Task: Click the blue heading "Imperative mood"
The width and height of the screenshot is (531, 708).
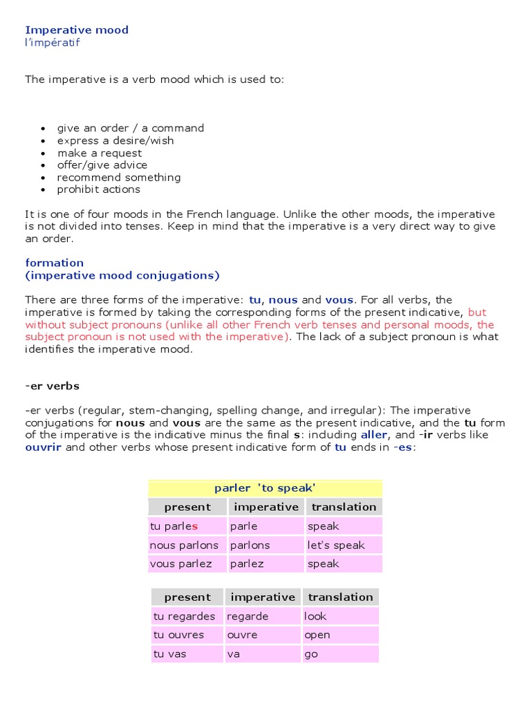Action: coord(77,30)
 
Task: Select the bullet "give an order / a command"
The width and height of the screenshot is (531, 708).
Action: coord(130,128)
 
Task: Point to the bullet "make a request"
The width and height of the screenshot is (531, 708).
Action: coord(100,153)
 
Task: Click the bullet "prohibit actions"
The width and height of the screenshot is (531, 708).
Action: coord(98,189)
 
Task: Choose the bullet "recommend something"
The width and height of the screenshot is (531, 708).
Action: coord(118,177)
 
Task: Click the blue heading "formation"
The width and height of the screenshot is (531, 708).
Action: coord(54,263)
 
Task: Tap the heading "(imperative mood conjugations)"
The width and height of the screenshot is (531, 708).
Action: coord(122,275)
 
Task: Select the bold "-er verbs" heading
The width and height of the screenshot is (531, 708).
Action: coord(52,386)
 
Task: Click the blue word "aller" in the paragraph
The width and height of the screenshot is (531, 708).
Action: coord(374,435)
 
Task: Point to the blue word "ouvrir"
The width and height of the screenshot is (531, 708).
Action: coord(44,447)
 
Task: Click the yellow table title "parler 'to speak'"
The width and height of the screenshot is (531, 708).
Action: coord(265,488)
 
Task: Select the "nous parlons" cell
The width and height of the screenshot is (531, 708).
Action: coord(183,545)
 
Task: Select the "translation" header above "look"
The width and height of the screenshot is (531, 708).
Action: coord(340,597)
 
